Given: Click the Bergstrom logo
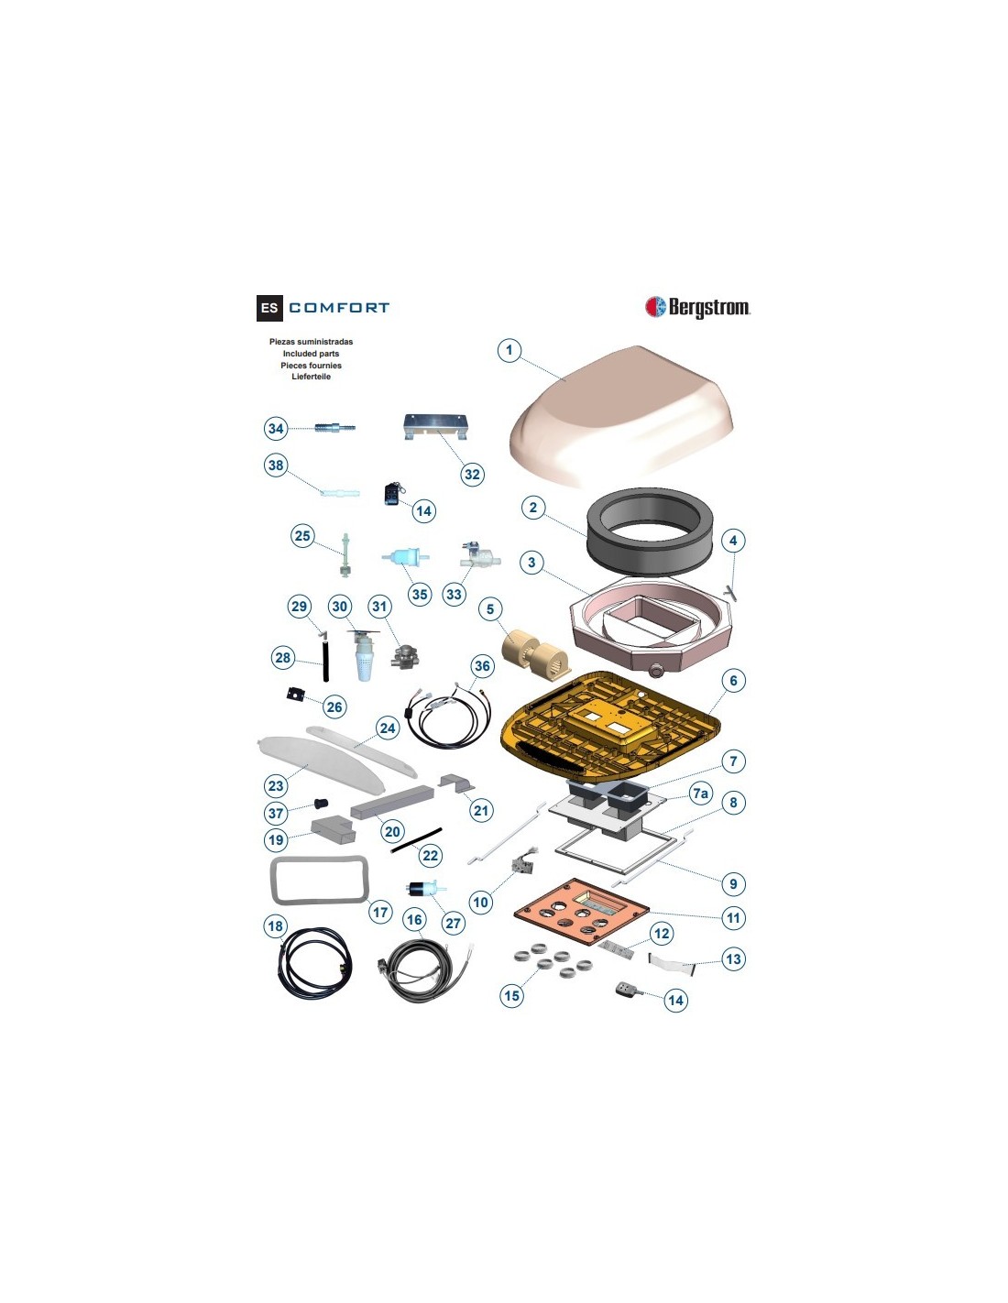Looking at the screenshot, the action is click(x=697, y=307).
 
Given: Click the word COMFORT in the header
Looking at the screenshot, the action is click(x=339, y=308).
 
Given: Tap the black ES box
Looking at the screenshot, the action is click(x=269, y=308).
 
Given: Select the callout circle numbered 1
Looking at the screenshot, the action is click(x=509, y=350).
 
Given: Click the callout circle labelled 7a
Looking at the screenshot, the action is click(x=700, y=794).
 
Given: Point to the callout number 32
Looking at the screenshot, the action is click(x=473, y=475).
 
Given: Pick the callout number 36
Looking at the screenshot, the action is click(x=482, y=665).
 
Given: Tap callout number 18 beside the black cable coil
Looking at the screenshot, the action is click(x=275, y=925).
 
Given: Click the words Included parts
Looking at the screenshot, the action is click(x=311, y=353).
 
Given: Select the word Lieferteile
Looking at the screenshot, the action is click(x=311, y=377).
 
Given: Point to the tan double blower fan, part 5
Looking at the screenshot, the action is click(x=535, y=652).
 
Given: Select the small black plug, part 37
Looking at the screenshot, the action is click(x=321, y=803).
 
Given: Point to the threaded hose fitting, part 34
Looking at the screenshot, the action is click(x=334, y=428).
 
